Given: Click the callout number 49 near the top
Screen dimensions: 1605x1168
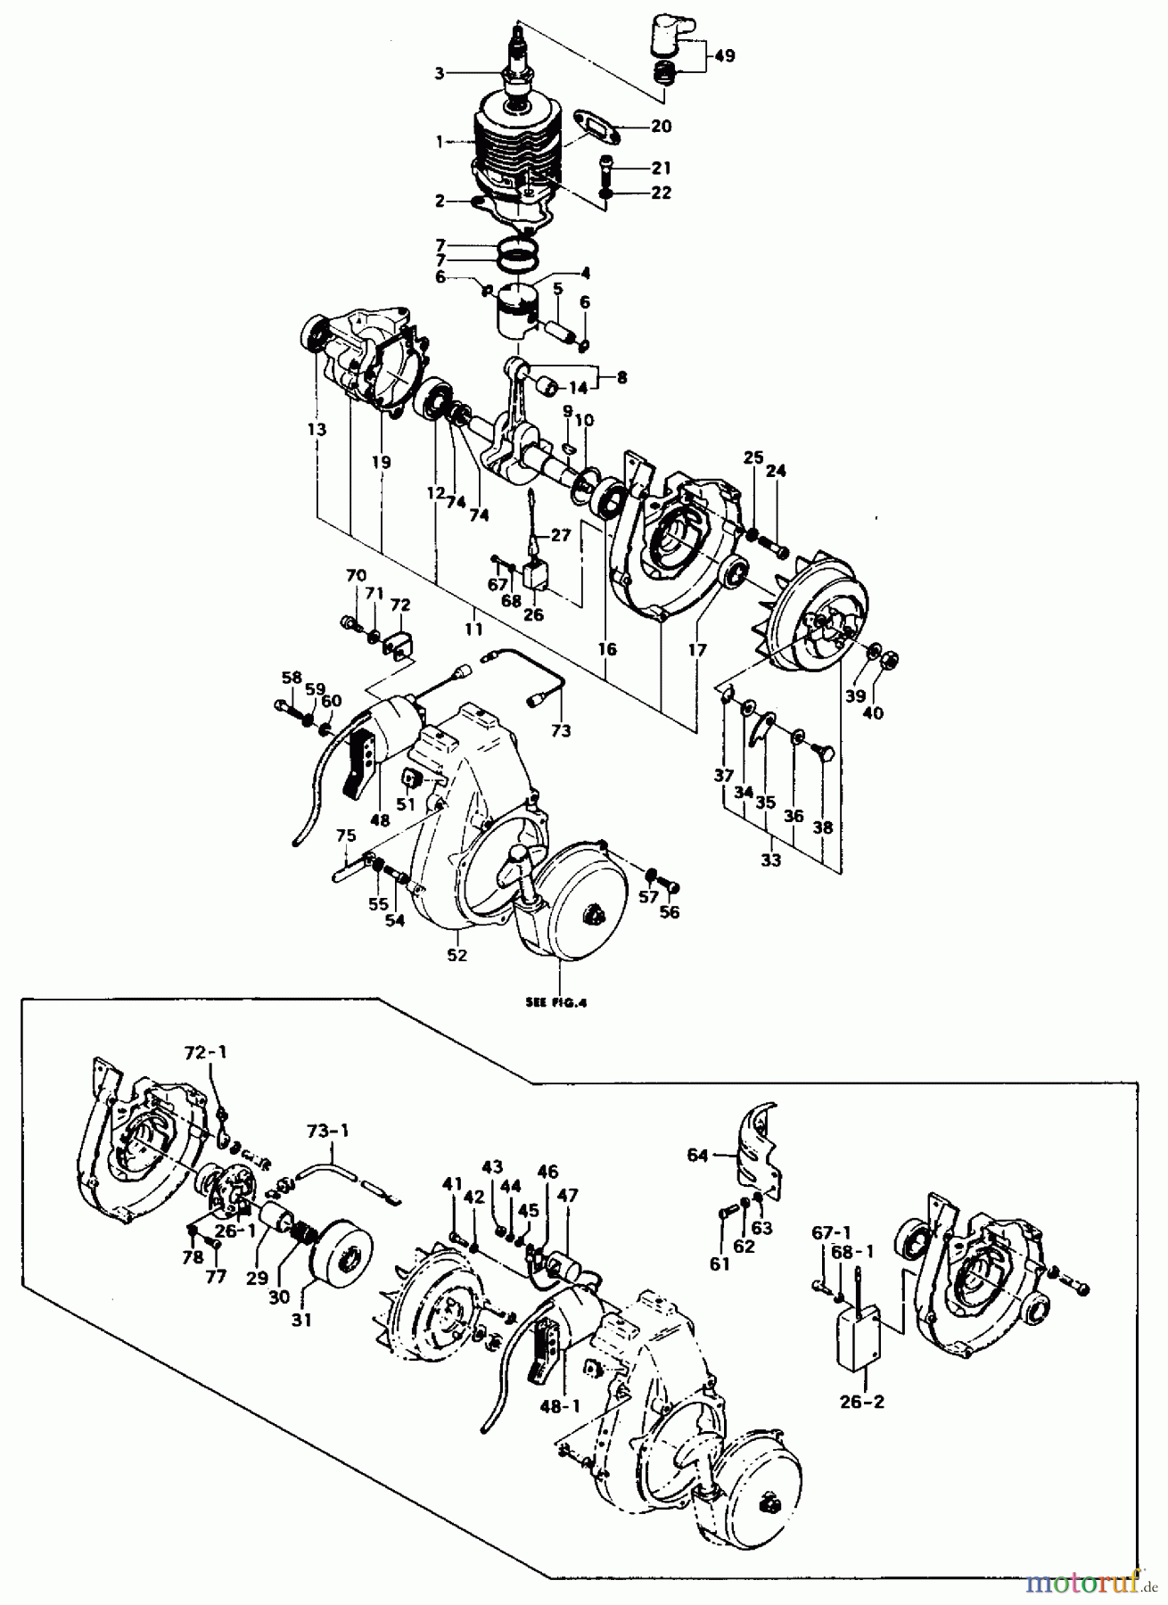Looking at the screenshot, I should pyautogui.click(x=725, y=56).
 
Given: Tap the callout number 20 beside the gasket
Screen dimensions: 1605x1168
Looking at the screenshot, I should pyautogui.click(x=661, y=127).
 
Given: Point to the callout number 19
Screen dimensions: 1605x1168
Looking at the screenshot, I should pyautogui.click(x=382, y=463).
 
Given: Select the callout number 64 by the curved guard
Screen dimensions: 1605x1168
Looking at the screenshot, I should pyautogui.click(x=697, y=1156).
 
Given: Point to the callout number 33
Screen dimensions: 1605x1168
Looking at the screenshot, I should pyautogui.click(x=770, y=860).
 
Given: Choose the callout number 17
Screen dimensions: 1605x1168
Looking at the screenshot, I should pyautogui.click(x=697, y=650).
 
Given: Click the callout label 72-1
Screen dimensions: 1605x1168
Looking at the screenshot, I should pyautogui.click(x=206, y=1052).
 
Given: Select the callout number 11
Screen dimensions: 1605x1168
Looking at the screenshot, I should pyautogui.click(x=473, y=630).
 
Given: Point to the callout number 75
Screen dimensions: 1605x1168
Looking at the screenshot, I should pyautogui.click(x=346, y=835).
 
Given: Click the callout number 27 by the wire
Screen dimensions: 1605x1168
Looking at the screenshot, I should pyautogui.click(x=559, y=536).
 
